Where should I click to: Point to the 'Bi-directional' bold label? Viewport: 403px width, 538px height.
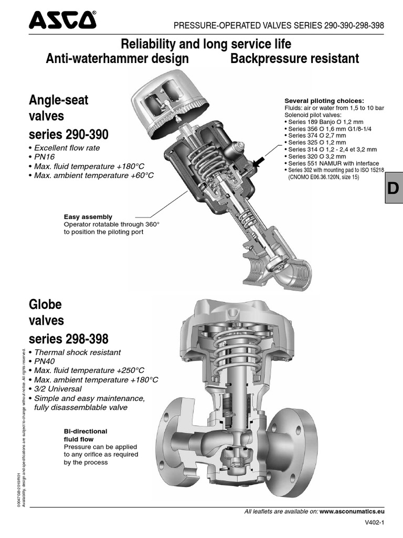point(85,431)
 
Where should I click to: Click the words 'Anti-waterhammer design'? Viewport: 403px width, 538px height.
point(117,58)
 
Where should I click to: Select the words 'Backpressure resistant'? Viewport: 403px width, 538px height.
point(295,58)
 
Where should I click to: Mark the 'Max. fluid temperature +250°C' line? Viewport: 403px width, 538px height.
point(89,370)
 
